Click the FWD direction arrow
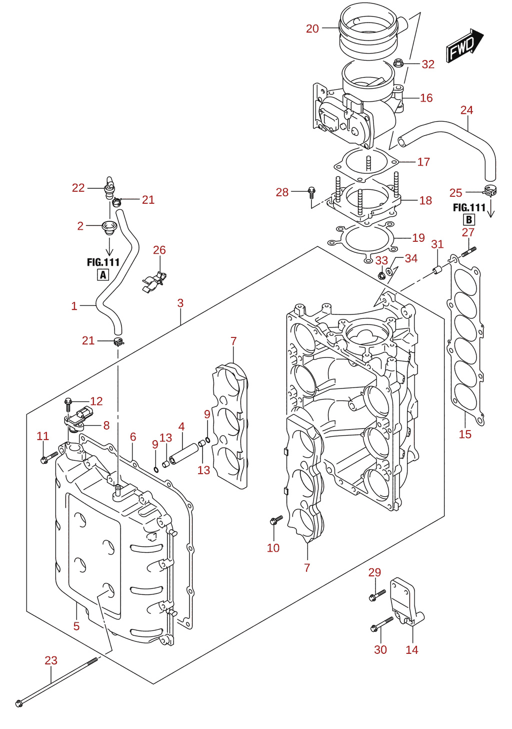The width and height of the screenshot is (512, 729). coord(464,45)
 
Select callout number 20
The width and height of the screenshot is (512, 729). coord(312,29)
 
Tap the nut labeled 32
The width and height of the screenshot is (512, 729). coord(398,63)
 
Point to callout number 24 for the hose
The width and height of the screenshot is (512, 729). coord(466,110)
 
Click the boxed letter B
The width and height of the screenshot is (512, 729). coord(469,220)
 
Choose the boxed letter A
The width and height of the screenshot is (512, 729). coord(103,275)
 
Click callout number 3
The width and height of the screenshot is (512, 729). coord(180,303)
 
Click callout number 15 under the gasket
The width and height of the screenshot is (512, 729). coord(465,434)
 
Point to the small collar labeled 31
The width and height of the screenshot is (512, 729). coord(437,270)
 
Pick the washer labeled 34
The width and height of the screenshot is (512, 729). coord(389,271)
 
